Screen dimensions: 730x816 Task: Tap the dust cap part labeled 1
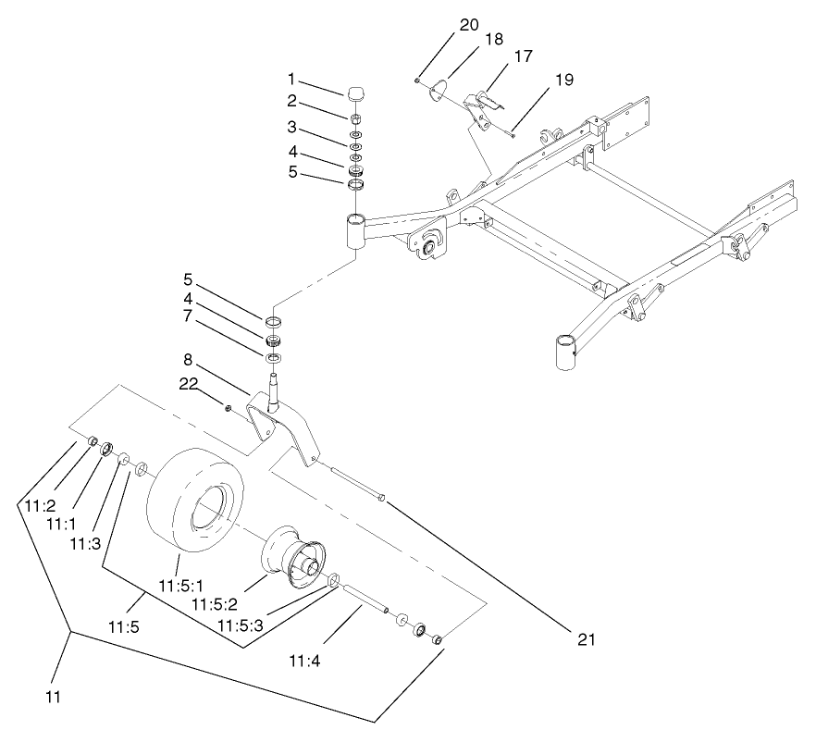pos(356,93)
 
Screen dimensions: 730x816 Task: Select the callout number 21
pos(586,638)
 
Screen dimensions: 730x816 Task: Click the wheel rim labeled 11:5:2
pos(293,555)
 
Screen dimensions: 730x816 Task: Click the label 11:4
pos(304,662)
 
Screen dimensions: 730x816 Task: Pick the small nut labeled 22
pos(228,405)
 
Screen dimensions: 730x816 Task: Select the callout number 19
pos(563,80)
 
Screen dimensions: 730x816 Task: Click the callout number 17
pos(523,56)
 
